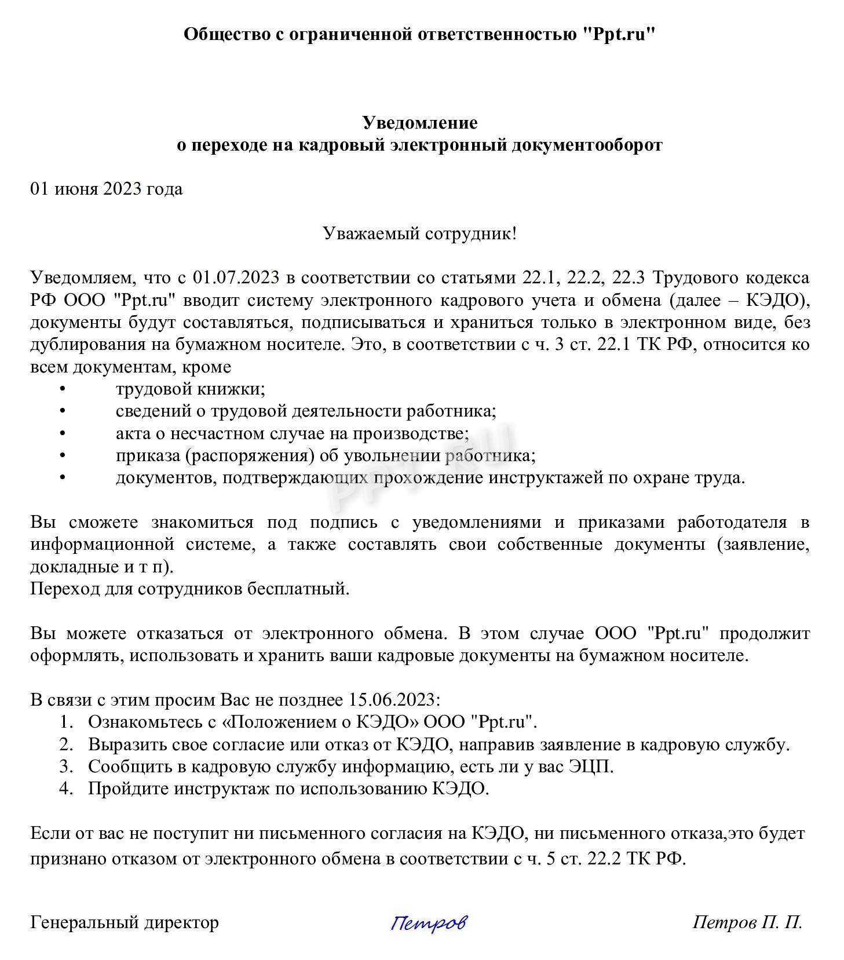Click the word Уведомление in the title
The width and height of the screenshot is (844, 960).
pos(420,122)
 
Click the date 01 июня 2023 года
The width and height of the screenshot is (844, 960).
pos(107,189)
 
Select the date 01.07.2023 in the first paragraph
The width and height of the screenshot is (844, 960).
pos(235,278)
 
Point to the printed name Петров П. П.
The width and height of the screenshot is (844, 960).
pos(747,922)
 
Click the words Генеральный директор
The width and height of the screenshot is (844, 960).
pos(125,922)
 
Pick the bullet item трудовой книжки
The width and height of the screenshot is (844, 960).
pos(190,389)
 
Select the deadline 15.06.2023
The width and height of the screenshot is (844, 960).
pos(392,700)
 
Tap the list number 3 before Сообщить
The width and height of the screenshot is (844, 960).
pos(65,766)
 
